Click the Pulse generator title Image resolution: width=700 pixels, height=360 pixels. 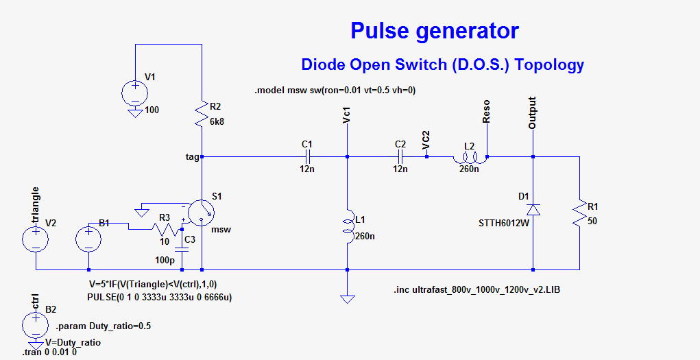434,31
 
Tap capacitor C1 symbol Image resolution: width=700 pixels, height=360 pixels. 307,157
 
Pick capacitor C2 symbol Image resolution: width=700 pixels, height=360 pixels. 401,157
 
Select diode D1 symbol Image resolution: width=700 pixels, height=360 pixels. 533,208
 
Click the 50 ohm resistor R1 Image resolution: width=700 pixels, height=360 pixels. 580,213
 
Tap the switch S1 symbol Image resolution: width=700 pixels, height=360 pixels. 200,213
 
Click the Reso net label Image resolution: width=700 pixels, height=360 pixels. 486,111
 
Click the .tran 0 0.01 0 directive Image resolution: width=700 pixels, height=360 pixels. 50,352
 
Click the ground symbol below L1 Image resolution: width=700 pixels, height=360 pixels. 348,298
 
